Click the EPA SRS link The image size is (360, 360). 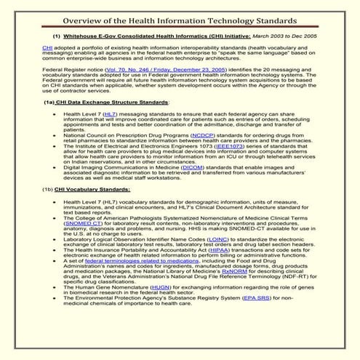(x=260, y=325)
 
